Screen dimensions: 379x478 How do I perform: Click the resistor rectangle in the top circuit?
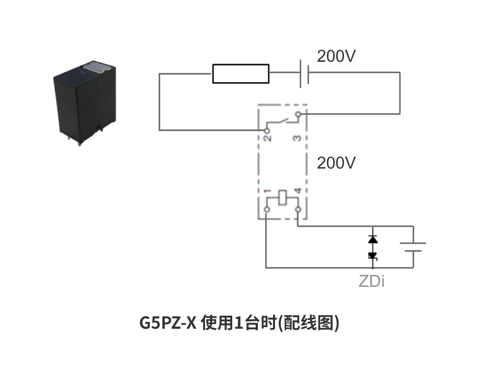(x=241, y=74)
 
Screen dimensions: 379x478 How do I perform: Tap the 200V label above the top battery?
(x=336, y=56)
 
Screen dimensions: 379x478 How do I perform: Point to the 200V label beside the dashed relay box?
(x=336, y=163)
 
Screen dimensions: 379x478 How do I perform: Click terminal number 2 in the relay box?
(x=267, y=138)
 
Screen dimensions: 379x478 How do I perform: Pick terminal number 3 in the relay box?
(x=297, y=138)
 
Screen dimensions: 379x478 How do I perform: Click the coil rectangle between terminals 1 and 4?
(x=282, y=198)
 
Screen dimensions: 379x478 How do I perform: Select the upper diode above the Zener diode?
(x=372, y=239)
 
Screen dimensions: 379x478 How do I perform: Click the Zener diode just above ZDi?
(x=372, y=256)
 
